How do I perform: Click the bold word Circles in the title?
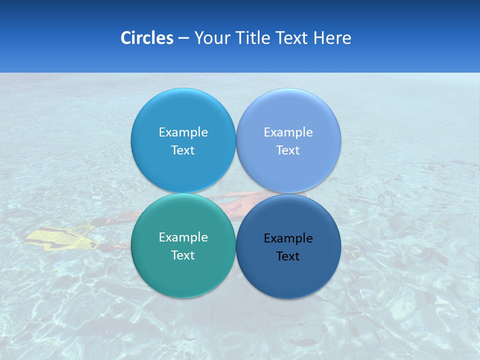pyautogui.click(x=147, y=38)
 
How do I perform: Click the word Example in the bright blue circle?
pyautogui.click(x=183, y=132)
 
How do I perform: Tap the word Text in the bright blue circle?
pyautogui.click(x=183, y=150)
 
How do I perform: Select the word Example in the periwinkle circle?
pyautogui.click(x=288, y=132)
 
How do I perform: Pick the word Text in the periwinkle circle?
pyautogui.click(x=288, y=150)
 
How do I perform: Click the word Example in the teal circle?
pyautogui.click(x=183, y=237)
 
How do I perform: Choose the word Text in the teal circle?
pyautogui.click(x=183, y=255)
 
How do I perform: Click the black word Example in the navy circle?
pyautogui.click(x=288, y=238)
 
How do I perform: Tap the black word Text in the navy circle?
pyautogui.click(x=288, y=256)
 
